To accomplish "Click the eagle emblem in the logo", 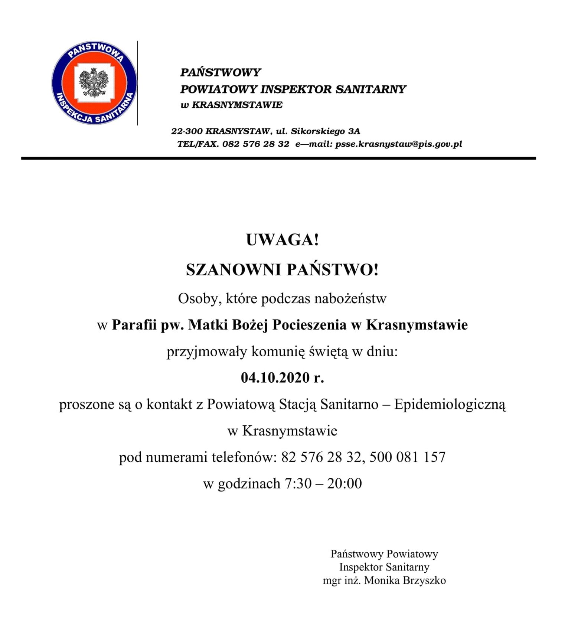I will pos(94,83).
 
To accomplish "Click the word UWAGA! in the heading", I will pos(283,240).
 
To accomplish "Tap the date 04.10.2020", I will pos(275,378).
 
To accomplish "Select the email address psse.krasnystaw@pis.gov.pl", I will pos(399,144).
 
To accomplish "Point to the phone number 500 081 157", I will pos(407,457).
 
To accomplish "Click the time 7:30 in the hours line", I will pos(298,483).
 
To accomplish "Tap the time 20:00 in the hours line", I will pos(344,483).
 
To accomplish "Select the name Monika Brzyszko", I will pos(405,581).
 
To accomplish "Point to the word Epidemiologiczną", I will pos(450,404).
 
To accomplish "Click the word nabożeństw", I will pos(350,298).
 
